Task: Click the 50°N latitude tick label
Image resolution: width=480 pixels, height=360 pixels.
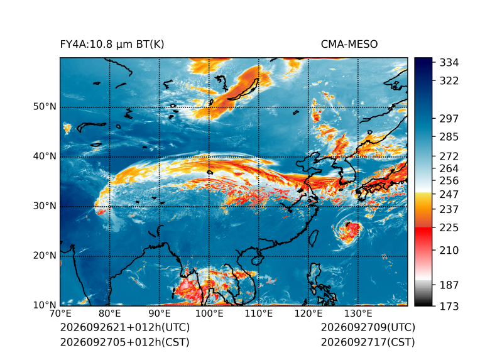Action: click(45, 107)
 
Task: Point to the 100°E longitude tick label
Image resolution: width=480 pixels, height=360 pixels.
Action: click(209, 314)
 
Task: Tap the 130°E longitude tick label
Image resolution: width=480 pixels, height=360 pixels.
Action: click(358, 314)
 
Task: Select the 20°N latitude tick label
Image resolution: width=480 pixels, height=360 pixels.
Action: click(45, 256)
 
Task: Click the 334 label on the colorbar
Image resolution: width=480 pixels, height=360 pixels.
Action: click(449, 63)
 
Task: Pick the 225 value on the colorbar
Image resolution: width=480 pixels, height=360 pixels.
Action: click(449, 228)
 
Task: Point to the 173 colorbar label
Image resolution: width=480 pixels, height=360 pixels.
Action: click(449, 306)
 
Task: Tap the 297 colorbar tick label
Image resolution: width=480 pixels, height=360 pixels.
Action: click(449, 119)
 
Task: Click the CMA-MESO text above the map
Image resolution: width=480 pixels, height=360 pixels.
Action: click(349, 45)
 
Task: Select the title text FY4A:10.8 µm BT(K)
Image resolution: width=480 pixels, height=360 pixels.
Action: click(112, 45)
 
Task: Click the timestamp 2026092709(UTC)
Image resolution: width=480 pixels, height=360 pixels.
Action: click(368, 327)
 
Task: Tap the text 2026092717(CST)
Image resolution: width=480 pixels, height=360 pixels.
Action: click(368, 342)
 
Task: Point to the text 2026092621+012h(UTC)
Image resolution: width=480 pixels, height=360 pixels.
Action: click(125, 327)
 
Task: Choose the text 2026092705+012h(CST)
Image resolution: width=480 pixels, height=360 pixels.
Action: click(125, 342)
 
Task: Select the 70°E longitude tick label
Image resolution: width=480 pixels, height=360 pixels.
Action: click(61, 314)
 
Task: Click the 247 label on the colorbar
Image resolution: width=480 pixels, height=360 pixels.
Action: click(449, 194)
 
